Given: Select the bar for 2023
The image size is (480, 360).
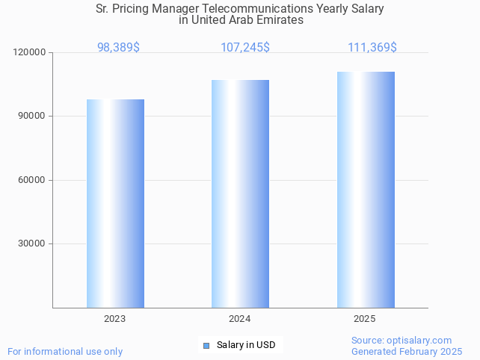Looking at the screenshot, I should [x=115, y=203].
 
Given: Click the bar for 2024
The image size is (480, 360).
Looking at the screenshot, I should [x=240, y=193].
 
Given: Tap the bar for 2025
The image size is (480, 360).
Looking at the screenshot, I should [x=366, y=190].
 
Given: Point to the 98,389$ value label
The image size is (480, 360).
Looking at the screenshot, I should [x=118, y=47].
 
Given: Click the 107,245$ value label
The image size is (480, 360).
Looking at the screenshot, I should [x=245, y=47].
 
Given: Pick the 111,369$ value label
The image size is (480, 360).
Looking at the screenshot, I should [x=372, y=47].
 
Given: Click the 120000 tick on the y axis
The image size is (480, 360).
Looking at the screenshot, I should [x=30, y=53].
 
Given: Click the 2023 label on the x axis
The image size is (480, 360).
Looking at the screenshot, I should [x=115, y=319].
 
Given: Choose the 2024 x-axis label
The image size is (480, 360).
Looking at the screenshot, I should [x=240, y=319].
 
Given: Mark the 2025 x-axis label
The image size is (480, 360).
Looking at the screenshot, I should [x=365, y=319].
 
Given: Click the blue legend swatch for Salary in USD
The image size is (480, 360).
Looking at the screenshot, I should [x=206, y=345].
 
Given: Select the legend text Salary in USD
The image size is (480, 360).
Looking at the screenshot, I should [x=246, y=345].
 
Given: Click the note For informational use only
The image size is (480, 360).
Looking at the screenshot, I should [x=65, y=351].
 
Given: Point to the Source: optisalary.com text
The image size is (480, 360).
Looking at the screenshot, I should [x=401, y=340].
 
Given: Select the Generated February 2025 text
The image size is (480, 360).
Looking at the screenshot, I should [x=407, y=351].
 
